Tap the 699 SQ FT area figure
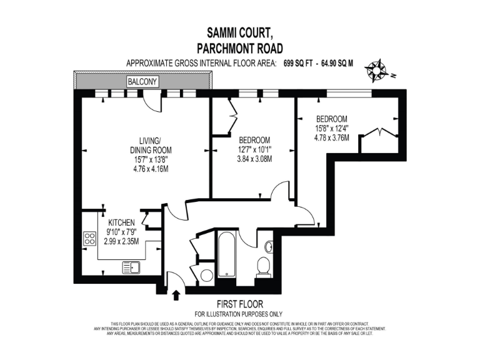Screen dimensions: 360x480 [297, 63]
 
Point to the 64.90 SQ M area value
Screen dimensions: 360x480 [336, 63]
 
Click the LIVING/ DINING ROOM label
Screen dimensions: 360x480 [151, 145]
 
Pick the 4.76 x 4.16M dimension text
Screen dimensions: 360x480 [151, 169]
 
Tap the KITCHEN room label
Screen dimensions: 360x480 [122, 223]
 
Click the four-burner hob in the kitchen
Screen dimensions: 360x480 [89, 239]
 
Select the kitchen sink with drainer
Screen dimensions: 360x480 [131, 267]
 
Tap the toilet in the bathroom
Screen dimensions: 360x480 [263, 267]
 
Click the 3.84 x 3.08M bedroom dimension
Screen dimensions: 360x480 [254, 159]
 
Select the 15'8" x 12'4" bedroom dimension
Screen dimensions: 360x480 [332, 128]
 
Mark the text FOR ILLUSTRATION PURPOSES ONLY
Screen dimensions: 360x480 [238, 314]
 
